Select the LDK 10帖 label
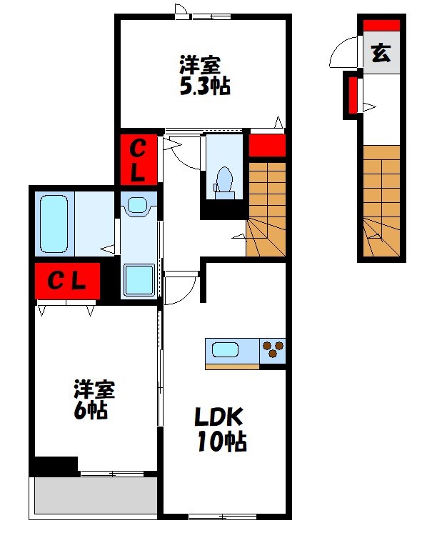click(221, 429)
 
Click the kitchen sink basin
click(226, 350)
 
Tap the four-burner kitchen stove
click(272, 351)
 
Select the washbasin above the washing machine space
click(136, 206)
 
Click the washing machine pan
click(139, 279)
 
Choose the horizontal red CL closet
click(66, 281)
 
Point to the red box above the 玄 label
click(381, 26)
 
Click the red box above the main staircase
click(266, 145)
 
